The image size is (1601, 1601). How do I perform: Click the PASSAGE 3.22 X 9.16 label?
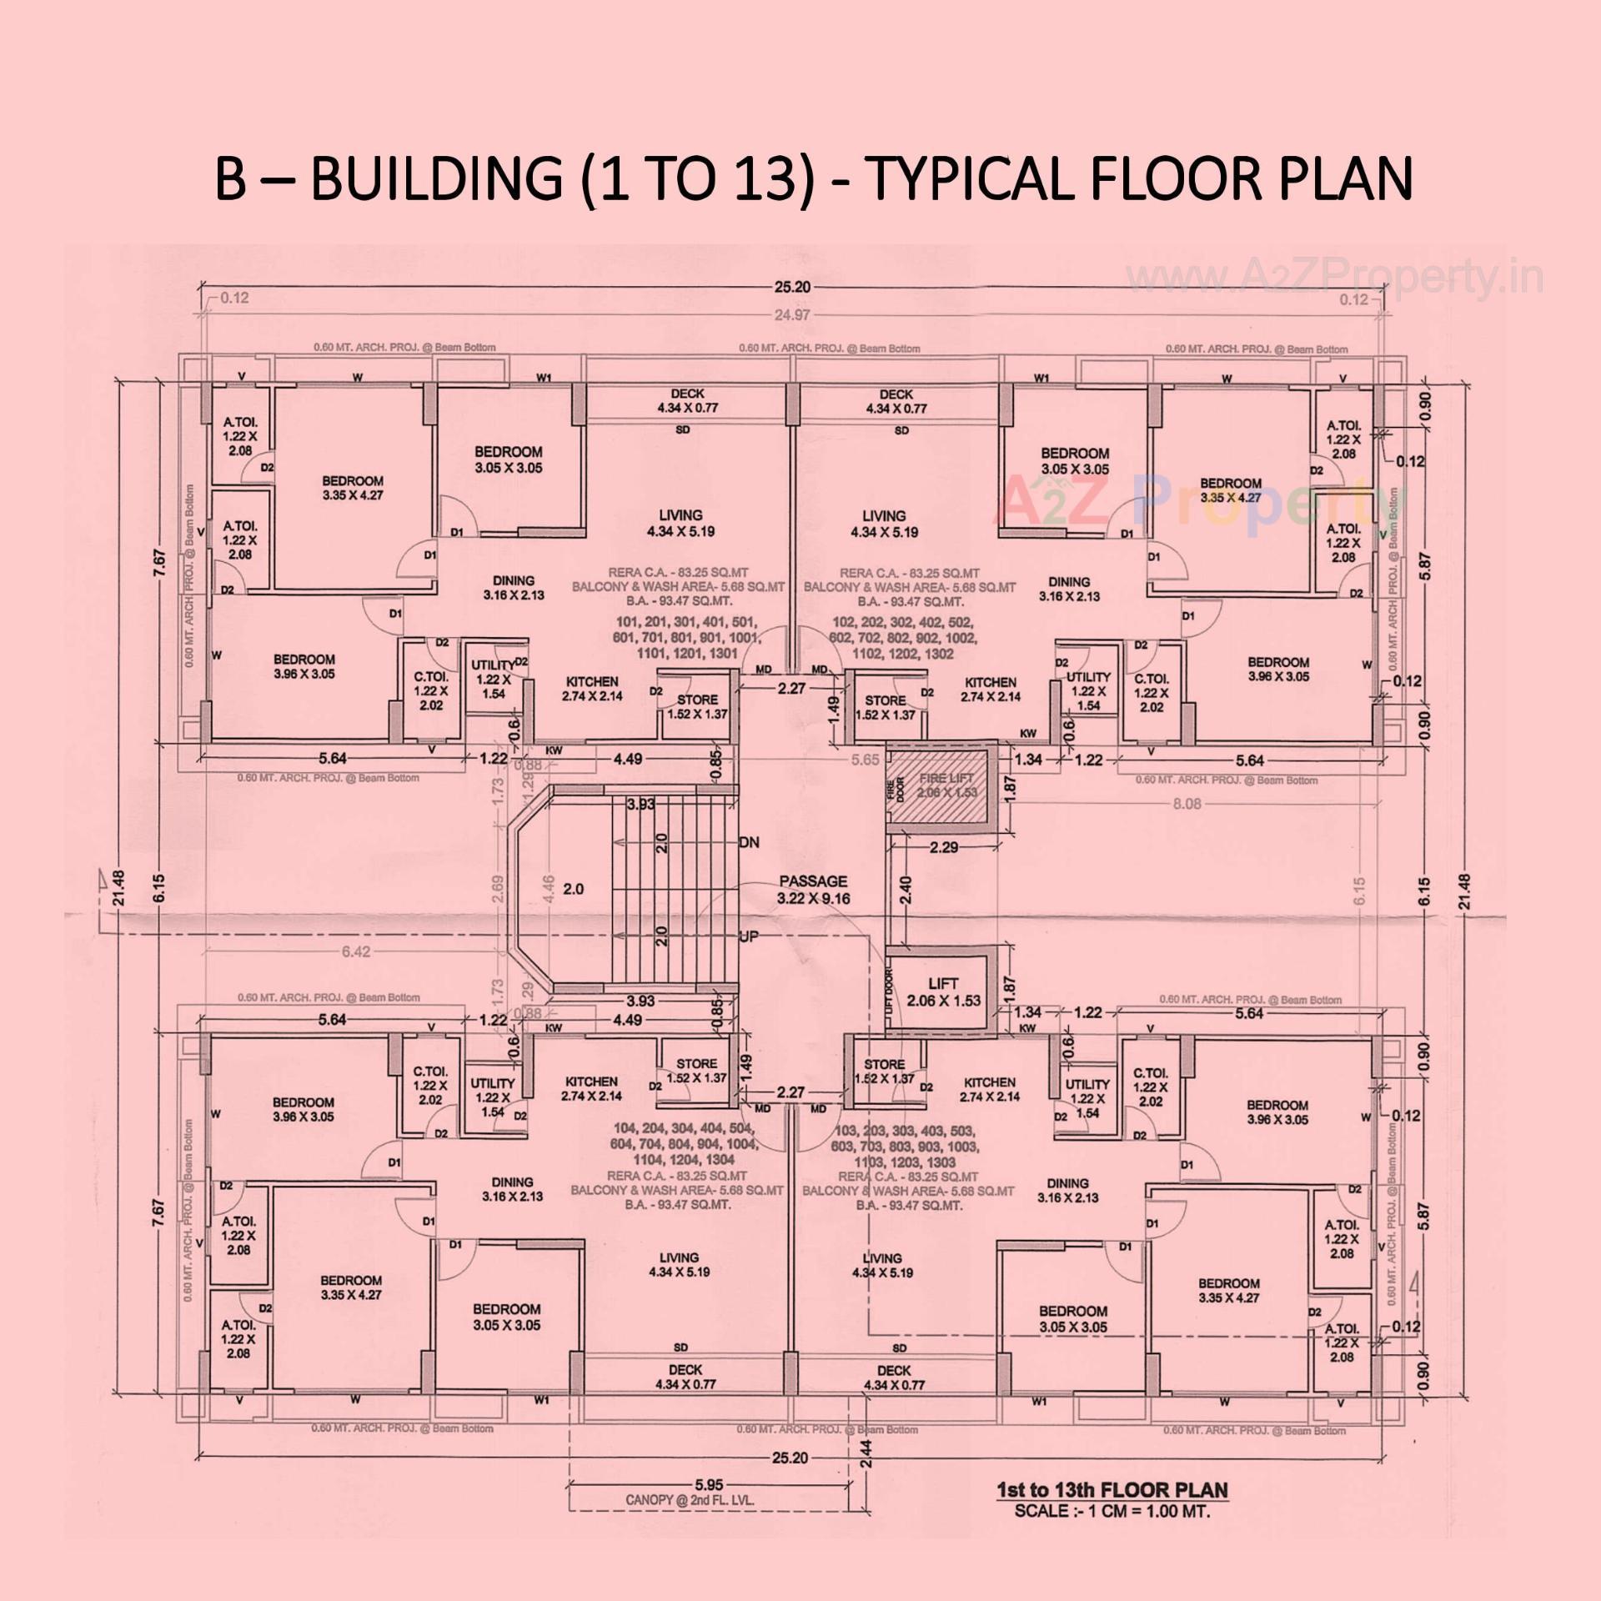click(812, 889)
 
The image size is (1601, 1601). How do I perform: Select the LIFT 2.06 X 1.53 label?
click(942, 992)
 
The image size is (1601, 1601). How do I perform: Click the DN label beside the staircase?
click(749, 842)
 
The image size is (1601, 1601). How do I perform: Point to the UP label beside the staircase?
click(749, 936)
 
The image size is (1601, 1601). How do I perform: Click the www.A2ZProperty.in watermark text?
click(1334, 278)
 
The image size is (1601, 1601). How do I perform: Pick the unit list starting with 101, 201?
click(685, 638)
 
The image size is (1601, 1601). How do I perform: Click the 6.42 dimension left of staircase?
click(356, 951)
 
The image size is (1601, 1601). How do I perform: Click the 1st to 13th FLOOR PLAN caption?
click(1112, 1490)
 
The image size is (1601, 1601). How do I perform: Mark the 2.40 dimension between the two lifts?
click(906, 889)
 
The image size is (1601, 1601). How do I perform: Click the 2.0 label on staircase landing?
click(573, 889)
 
